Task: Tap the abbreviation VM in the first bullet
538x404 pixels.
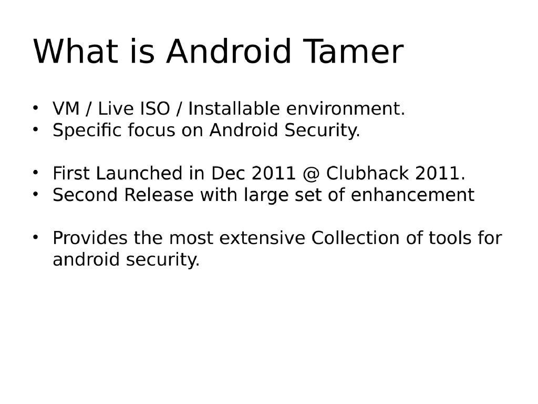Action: click(x=66, y=109)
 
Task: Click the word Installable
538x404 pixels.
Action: click(x=234, y=109)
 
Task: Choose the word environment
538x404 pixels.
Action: click(x=345, y=109)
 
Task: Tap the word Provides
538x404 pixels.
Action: click(x=90, y=238)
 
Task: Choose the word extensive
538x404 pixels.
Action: click(x=262, y=238)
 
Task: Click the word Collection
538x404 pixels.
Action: click(x=356, y=238)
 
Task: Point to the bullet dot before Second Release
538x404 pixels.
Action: click(x=36, y=194)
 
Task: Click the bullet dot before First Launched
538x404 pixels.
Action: click(x=36, y=172)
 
